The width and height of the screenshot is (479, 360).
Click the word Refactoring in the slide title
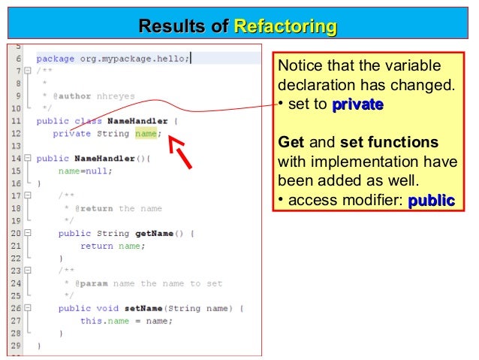point(285,28)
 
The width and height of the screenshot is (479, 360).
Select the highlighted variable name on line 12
point(146,134)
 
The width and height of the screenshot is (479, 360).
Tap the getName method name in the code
point(152,233)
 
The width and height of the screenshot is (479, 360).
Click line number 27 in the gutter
point(16,320)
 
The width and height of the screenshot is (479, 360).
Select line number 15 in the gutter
point(16,171)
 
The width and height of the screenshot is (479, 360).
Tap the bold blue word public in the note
point(431,200)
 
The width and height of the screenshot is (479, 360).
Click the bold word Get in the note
point(291,142)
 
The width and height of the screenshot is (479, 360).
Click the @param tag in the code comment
point(89,283)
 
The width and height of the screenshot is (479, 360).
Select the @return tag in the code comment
point(92,208)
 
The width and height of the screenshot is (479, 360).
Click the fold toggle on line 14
point(28,159)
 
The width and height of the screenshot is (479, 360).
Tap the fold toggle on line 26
point(28,308)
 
